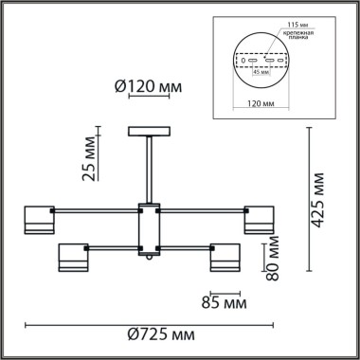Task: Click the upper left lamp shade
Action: coord(39,218)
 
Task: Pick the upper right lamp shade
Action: coord(262,219)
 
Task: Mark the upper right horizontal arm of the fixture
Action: coord(204,210)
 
